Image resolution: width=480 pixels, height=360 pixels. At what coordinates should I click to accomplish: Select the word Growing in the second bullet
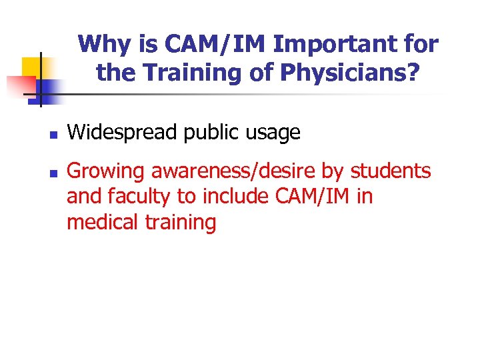(x=107, y=171)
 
